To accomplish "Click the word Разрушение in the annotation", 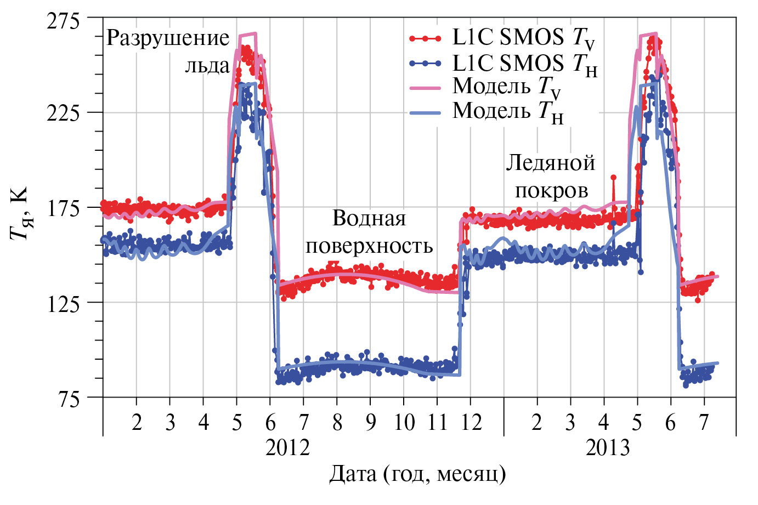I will pos(167,38).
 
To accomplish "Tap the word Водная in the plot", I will pos(369,219).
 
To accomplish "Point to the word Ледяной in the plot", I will pos(550,163).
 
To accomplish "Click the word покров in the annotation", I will pos(551,191).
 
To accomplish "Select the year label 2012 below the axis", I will pos(287,448).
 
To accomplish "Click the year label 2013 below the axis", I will pos(608,448).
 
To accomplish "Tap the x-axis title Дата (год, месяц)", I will pos(417,474).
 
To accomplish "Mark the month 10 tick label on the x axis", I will pos(404,423).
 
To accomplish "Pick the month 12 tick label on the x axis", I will pos(471,423).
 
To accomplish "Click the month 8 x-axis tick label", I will pos(337,423).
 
